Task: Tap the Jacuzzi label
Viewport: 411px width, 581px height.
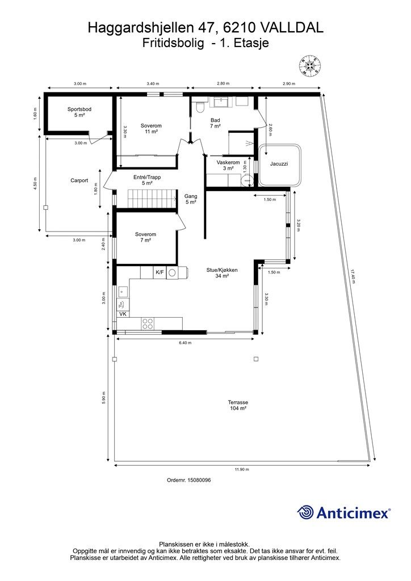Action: [x=279, y=164]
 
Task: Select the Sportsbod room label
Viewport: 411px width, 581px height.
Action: [x=79, y=112]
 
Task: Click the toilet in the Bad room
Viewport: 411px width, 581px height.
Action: [x=200, y=106]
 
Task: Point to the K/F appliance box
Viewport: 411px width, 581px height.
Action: [x=160, y=273]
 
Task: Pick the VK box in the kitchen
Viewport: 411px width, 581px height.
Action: [x=123, y=314]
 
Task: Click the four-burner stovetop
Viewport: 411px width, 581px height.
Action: [x=148, y=323]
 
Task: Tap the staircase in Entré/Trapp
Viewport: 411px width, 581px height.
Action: [x=152, y=199]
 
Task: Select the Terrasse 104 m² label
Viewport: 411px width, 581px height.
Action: [x=238, y=405]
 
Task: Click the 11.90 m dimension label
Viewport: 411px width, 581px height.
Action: [x=242, y=469]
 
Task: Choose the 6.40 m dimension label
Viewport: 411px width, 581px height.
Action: [x=185, y=343]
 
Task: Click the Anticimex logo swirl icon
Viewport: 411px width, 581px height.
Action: [x=305, y=512]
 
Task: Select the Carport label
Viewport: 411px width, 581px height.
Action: [x=79, y=180]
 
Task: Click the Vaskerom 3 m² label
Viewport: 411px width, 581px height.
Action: [x=228, y=165]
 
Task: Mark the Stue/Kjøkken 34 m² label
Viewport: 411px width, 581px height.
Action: [x=222, y=273]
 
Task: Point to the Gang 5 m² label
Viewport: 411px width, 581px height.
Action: [x=191, y=199]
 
